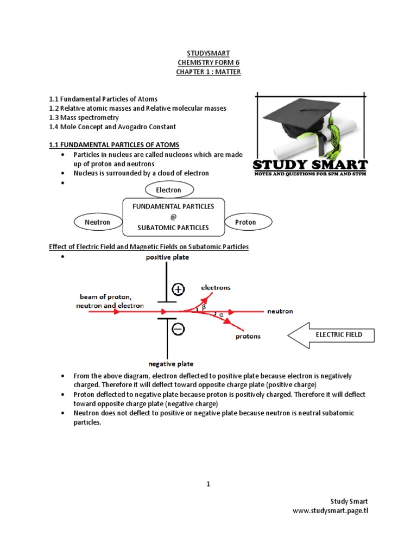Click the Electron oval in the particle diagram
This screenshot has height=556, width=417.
tap(168, 190)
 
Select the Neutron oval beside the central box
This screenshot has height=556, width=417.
tap(98, 222)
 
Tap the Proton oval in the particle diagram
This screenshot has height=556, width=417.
tap(245, 222)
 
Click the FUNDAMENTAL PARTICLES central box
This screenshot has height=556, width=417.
tap(174, 217)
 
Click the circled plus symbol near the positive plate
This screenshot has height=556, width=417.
tap(179, 289)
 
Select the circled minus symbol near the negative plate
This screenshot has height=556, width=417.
tap(179, 328)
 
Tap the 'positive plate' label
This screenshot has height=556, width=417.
tap(167, 257)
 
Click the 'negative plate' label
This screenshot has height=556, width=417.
tap(170, 364)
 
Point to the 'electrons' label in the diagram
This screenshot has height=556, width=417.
tap(216, 287)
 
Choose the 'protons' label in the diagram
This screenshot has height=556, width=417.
tap(248, 336)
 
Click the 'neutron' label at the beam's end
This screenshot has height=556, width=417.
tap(280, 312)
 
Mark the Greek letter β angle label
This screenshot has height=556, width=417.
tap(204, 307)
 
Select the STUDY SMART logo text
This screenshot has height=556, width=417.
tap(311, 165)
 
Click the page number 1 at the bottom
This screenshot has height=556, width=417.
tap(208, 484)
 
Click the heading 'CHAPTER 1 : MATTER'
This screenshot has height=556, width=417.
tap(208, 72)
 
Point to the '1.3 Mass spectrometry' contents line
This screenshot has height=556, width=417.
tap(84, 117)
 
